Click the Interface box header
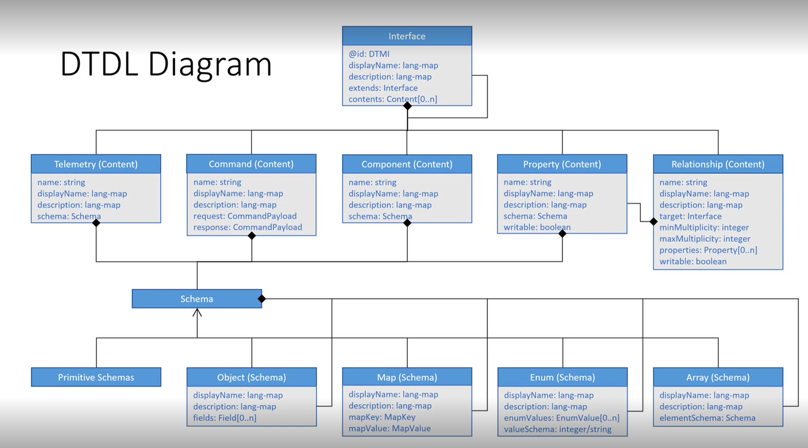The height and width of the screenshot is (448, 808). tap(407, 36)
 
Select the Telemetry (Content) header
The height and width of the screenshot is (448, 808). tap(96, 164)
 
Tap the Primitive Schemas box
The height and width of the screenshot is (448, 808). tap(96, 377)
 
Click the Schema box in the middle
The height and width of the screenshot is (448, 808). tap(197, 299)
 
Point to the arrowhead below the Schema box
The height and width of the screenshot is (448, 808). tap(197, 313)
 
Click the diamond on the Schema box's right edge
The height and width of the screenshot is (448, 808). tap(262, 299)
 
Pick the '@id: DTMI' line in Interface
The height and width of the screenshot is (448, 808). tap(369, 54)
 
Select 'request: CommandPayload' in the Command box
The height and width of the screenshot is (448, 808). tap(245, 216)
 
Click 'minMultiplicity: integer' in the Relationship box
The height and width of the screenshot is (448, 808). tap(704, 227)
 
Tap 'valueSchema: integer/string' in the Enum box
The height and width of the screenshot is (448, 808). tap(557, 429)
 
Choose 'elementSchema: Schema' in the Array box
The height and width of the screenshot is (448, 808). tap(707, 418)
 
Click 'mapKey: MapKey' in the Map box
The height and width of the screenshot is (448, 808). tap(382, 417)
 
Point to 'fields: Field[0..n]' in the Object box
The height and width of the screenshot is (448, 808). tap(225, 418)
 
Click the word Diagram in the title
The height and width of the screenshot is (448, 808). tap(210, 64)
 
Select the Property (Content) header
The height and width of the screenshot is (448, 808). tap(562, 164)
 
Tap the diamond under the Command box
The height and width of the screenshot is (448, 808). tap(252, 236)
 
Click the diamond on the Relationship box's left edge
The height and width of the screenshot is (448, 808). tap(654, 221)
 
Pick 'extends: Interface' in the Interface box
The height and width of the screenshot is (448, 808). tap(383, 88)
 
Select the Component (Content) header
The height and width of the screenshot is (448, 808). tap(407, 164)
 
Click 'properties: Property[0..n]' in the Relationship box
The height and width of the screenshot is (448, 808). tap(708, 250)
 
